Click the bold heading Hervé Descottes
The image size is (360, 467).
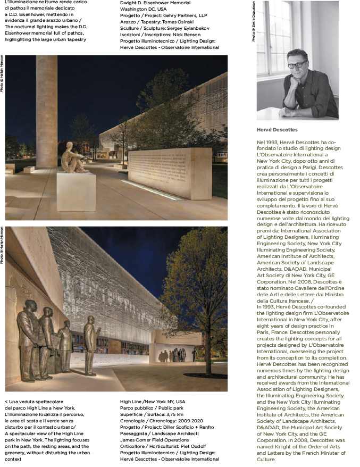277,130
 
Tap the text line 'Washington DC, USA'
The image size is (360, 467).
143,9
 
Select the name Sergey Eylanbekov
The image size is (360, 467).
190,28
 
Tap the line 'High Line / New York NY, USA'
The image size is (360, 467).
153,401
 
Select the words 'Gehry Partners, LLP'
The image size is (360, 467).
186,15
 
